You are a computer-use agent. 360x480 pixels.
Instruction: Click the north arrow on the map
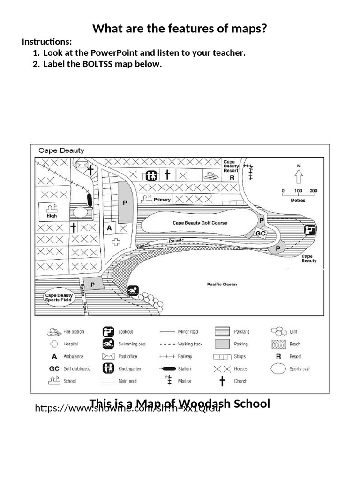click(x=299, y=175)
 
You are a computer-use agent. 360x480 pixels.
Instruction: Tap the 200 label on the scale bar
click(x=314, y=191)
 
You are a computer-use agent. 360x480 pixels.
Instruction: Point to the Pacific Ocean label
click(x=222, y=284)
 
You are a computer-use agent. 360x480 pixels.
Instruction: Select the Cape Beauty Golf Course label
click(x=200, y=223)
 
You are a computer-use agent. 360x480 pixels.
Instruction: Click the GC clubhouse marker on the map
click(x=261, y=233)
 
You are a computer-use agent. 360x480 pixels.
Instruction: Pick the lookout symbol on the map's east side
click(x=310, y=230)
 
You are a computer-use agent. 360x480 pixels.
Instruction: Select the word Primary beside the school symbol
click(x=162, y=200)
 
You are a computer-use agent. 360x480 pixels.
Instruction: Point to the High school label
click(x=52, y=216)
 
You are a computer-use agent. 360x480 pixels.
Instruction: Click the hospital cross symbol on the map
click(x=117, y=241)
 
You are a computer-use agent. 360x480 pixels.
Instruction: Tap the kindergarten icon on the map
click(x=150, y=175)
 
